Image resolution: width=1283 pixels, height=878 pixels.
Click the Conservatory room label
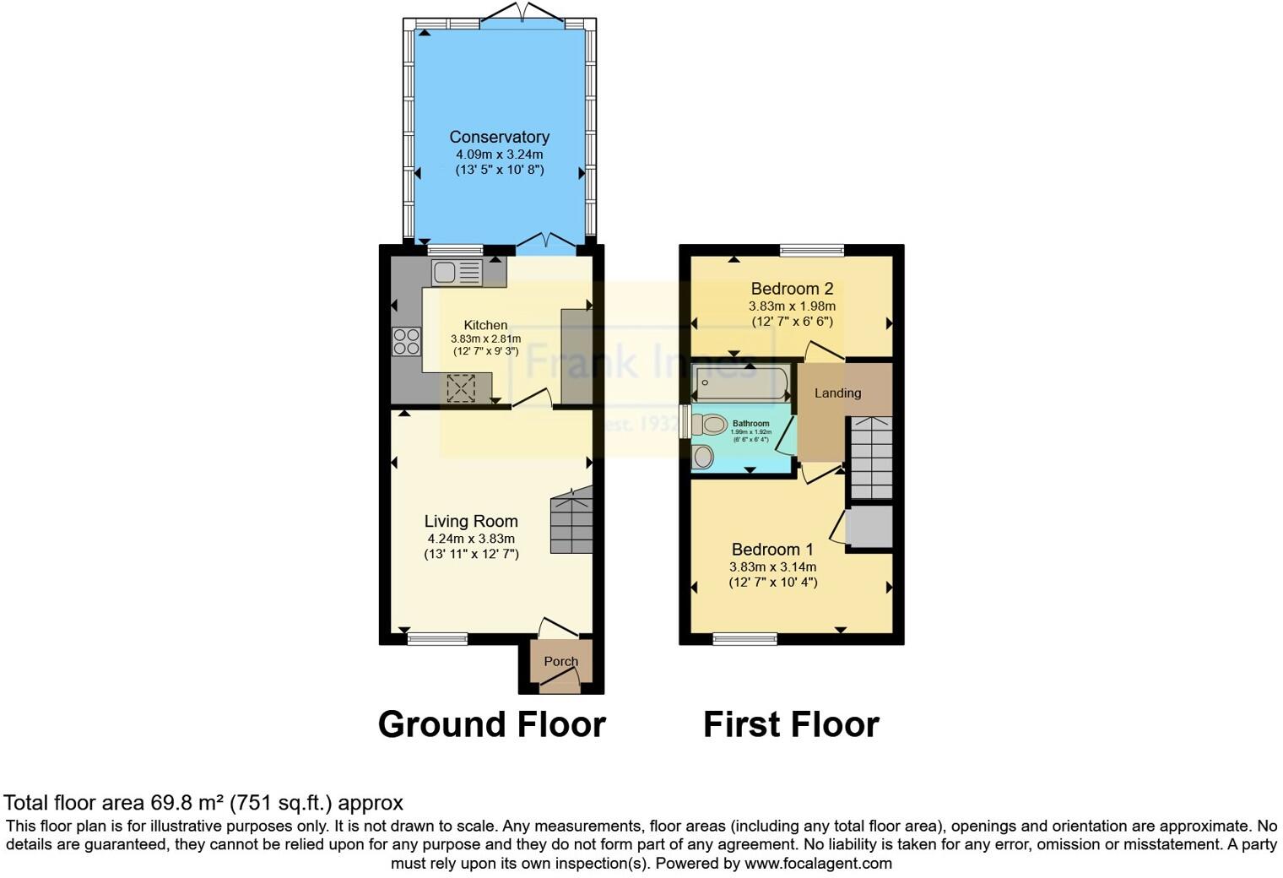tap(499, 137)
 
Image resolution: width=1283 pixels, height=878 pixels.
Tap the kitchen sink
tap(457, 273)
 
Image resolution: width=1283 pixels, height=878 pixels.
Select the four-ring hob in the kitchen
tap(406, 341)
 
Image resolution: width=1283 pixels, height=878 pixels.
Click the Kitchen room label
tap(485, 325)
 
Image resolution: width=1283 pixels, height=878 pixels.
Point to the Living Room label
tap(471, 522)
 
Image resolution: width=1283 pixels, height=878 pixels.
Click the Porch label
tap(560, 661)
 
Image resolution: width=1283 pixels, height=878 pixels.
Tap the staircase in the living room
tap(571, 521)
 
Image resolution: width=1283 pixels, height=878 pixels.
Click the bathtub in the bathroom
tap(739, 383)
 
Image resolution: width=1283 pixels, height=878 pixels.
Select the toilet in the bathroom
tap(710, 425)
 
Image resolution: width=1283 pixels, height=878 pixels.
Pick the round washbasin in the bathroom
tap(702, 458)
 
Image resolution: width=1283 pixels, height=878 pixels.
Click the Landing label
tap(837, 393)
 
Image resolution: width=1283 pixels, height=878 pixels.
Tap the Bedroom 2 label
tap(792, 289)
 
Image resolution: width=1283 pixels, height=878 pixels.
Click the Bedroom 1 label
tap(772, 550)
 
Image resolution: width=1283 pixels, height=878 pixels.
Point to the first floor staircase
tap(871, 458)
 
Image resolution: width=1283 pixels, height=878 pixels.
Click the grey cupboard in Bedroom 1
tap(869, 527)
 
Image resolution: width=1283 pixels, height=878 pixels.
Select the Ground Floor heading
tap(491, 724)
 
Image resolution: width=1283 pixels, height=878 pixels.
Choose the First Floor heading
tap(791, 724)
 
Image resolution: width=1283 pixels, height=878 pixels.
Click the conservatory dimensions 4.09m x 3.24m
tap(499, 154)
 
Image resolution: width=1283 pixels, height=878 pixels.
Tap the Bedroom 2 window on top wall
tap(811, 250)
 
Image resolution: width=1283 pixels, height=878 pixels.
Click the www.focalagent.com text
tap(818, 864)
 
